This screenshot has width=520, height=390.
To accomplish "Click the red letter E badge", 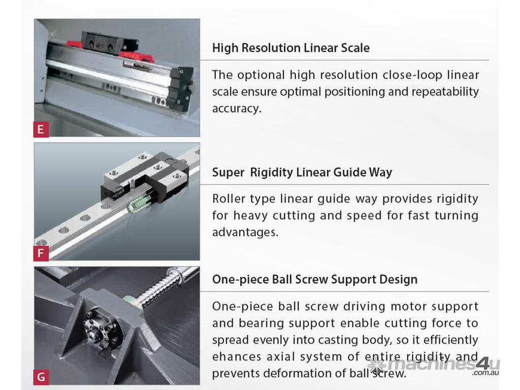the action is tap(41, 129).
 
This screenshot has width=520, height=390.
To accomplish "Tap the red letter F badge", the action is tap(41, 253).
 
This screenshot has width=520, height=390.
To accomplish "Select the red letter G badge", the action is tap(41, 377).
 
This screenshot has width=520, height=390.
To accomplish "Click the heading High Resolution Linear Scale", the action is tap(291, 48).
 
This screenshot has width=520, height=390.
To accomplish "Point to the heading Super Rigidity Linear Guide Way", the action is tap(302, 173).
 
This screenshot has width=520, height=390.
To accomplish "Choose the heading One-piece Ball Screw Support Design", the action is tap(315, 280).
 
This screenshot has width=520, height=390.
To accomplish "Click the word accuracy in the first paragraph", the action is tap(237, 109).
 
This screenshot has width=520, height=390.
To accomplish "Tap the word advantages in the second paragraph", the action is tap(245, 232).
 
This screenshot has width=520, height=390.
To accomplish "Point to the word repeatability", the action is tap(445, 92).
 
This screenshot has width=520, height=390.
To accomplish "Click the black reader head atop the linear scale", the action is tap(110, 43).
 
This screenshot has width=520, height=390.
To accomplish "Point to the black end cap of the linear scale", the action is tap(180, 88).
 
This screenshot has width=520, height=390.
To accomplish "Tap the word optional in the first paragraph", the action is tap(261, 75).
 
